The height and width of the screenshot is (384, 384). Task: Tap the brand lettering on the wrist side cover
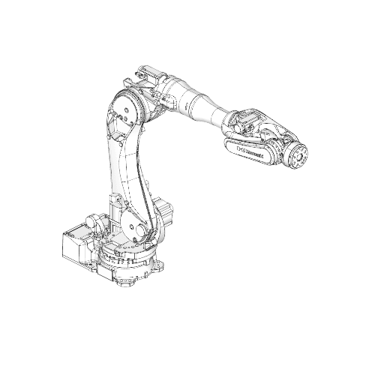pos(247,150)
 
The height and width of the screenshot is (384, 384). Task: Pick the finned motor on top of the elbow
pos(148,76)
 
